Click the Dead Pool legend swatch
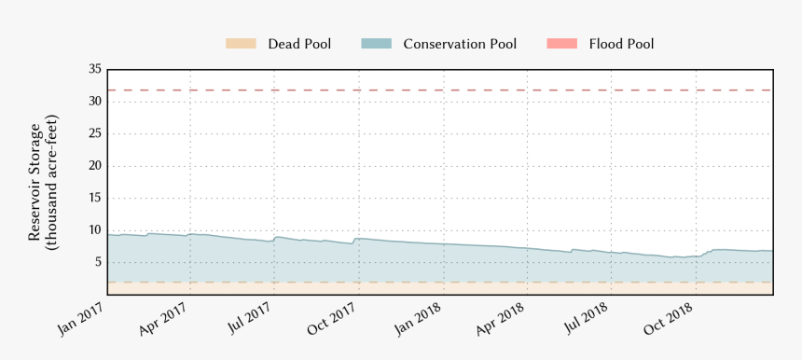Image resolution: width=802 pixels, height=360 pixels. [x=241, y=44]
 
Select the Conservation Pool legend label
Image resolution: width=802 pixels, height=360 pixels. [x=460, y=44]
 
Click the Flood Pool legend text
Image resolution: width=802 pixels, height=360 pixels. [x=621, y=44]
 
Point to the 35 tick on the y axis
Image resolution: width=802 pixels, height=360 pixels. [x=94, y=69]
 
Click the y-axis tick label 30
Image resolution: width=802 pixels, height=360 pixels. [x=94, y=102]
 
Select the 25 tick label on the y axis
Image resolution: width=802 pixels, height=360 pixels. [x=94, y=133]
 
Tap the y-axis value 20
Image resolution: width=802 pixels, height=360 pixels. [x=94, y=166]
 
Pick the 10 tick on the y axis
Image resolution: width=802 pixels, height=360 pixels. [x=94, y=230]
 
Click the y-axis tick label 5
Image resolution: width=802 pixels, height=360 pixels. [x=97, y=262]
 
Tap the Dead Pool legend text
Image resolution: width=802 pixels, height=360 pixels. [x=299, y=44]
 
